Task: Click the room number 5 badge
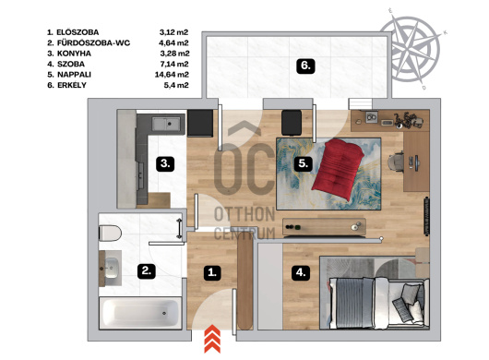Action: click(x=304, y=163)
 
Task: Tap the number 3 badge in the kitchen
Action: click(x=165, y=163)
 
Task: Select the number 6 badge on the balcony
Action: click(x=305, y=66)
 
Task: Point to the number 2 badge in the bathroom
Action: click(x=147, y=270)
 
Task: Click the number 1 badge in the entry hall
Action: click(x=212, y=272)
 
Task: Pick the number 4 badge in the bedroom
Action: click(x=301, y=272)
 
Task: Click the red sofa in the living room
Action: click(x=339, y=170)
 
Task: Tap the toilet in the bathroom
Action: click(x=110, y=233)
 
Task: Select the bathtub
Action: click(x=140, y=314)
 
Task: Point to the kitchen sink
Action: click(x=166, y=124)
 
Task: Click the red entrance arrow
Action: click(x=212, y=339)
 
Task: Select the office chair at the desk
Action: click(x=396, y=162)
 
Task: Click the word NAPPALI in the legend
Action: click(x=74, y=75)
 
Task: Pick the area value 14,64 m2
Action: click(x=172, y=75)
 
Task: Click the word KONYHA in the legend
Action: click(x=74, y=54)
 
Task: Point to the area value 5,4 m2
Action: click(x=176, y=85)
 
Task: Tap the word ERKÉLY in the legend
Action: click(x=72, y=85)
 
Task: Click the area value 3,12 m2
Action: click(x=174, y=32)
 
